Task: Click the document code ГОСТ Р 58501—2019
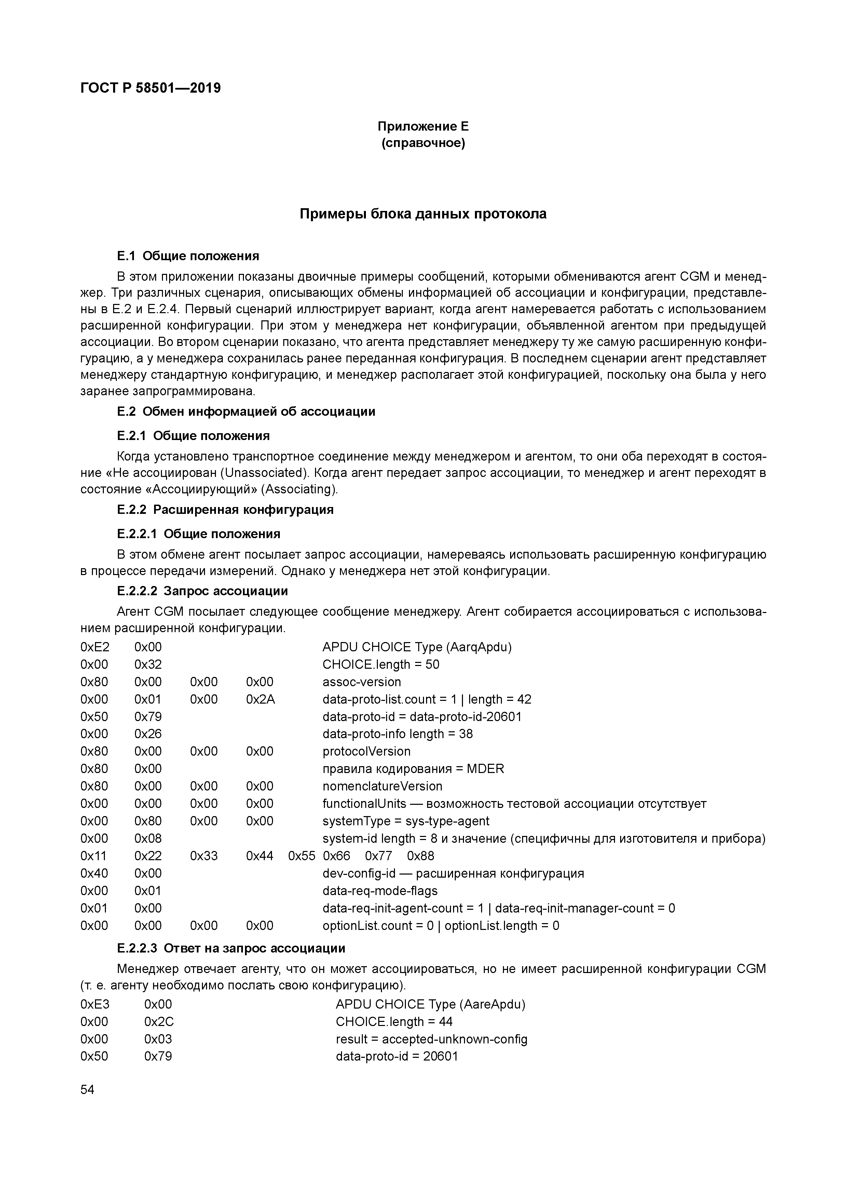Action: [x=150, y=88]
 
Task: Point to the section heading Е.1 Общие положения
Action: [x=188, y=256]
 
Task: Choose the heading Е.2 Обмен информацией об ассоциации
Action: [x=246, y=412]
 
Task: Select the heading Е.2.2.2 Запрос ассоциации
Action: [x=203, y=591]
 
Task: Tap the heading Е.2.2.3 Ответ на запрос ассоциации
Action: [x=231, y=948]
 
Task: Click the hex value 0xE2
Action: [x=95, y=647]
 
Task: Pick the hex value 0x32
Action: [x=148, y=664]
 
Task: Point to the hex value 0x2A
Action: [x=260, y=699]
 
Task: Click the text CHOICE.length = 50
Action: [x=381, y=664]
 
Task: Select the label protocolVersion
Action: [x=366, y=751]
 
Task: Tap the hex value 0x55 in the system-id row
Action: [x=302, y=856]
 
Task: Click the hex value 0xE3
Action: [x=95, y=1004]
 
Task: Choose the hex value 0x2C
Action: [x=159, y=1022]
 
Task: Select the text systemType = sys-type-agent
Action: [x=406, y=821]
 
